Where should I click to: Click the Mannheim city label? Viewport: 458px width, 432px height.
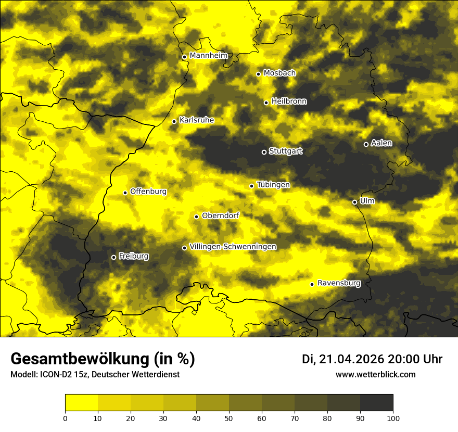(208, 56)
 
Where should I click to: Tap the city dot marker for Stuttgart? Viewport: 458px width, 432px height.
(264, 152)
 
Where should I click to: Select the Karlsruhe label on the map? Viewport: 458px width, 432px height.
(196, 120)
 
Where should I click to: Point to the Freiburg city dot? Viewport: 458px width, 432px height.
(113, 257)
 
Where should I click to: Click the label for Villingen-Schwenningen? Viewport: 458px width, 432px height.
(233, 247)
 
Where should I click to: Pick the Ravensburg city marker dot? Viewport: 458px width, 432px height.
(312, 284)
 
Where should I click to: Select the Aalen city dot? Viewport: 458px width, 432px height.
(366, 144)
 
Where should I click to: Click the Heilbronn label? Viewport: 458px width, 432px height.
(289, 101)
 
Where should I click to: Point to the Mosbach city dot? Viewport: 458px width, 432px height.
(258, 74)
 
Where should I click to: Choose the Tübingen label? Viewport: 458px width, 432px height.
(273, 185)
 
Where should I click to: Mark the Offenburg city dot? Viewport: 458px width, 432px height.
(125, 193)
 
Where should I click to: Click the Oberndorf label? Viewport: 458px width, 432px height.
(220, 215)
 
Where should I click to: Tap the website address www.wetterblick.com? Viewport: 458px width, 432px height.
(375, 375)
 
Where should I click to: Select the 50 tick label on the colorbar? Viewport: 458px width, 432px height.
(229, 418)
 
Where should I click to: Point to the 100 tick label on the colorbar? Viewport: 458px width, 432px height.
(393, 418)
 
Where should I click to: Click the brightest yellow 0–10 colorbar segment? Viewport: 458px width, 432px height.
(81, 403)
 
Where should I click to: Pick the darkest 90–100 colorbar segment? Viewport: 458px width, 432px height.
(376, 403)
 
